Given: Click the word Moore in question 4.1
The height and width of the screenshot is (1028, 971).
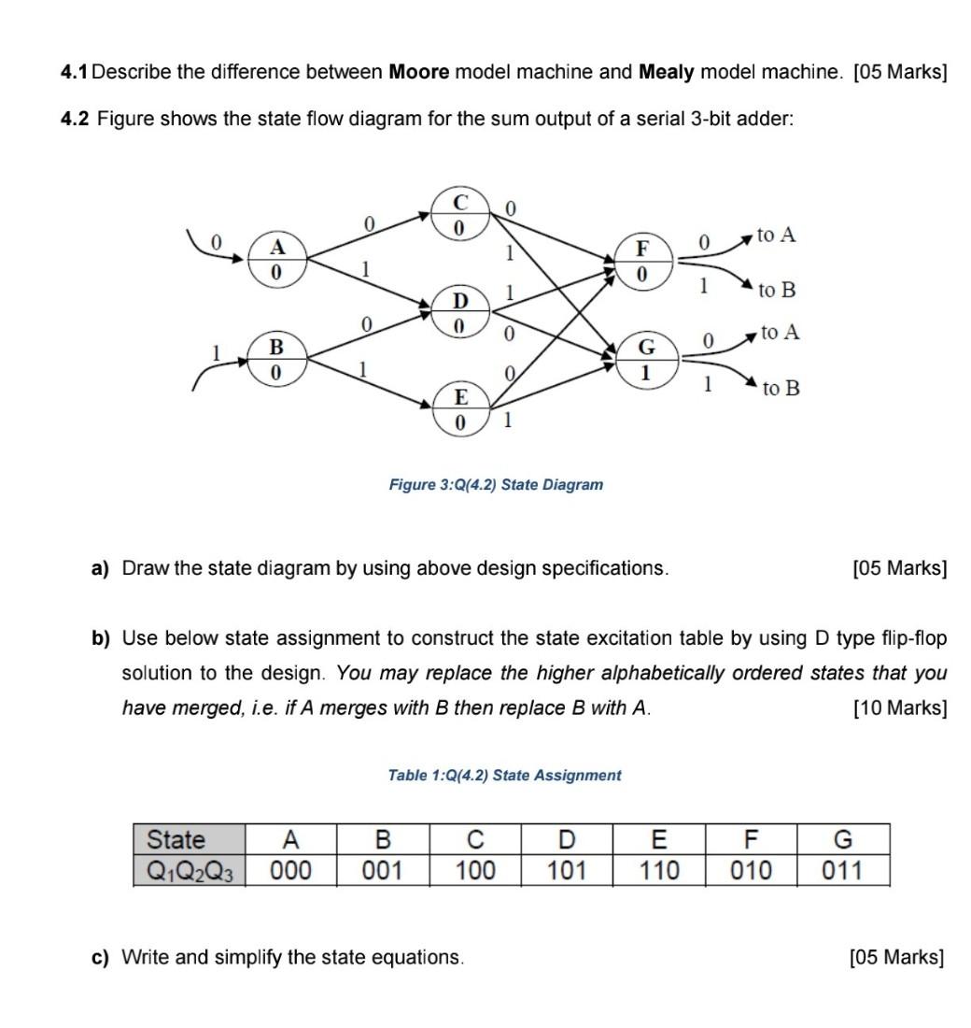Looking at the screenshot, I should [419, 72].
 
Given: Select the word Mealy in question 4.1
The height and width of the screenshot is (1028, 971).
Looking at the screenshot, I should [667, 72].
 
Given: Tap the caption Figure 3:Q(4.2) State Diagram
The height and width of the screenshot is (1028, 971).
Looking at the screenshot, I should [496, 485].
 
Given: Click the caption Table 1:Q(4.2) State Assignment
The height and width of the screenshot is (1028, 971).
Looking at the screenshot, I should [504, 775].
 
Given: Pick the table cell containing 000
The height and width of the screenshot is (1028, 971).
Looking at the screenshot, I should [290, 871].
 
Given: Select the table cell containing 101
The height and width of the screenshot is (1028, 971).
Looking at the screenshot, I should [567, 871].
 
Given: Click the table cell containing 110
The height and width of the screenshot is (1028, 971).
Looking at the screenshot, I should [659, 871].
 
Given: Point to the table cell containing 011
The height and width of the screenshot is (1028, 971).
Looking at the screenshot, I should [843, 871].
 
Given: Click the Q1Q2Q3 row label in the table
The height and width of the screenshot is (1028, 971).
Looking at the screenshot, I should [190, 871].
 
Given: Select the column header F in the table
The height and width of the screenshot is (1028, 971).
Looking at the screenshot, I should [752, 838].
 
